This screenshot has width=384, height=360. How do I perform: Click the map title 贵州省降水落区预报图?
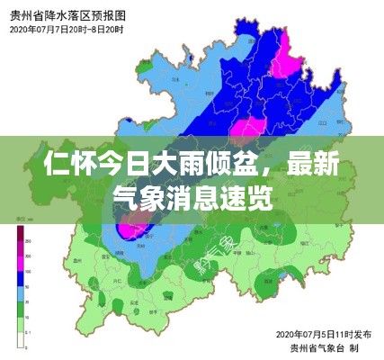[x=67, y=15]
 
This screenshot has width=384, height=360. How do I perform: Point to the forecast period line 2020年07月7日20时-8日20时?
[x=67, y=30]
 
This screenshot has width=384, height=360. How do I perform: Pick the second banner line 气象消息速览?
[x=192, y=197]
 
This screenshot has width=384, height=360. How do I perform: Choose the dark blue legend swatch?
[x=19, y=278]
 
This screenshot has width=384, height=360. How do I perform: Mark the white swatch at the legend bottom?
[x=19, y=338]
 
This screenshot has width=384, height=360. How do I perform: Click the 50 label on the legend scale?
[x=29, y=287]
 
